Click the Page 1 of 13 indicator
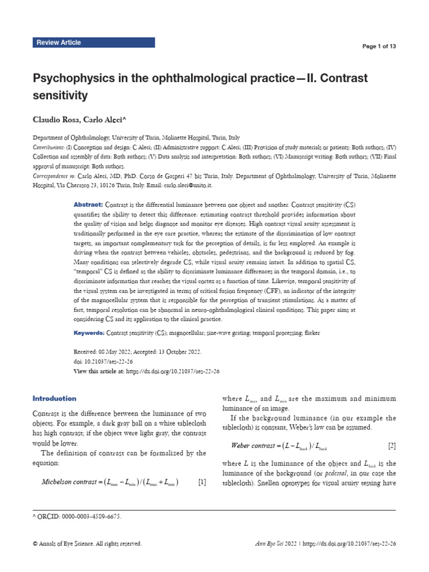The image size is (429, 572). click(x=379, y=46)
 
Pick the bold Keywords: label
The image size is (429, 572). click(x=89, y=332)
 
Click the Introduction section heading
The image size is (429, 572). click(x=54, y=398)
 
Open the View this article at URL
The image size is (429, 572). click(x=173, y=371)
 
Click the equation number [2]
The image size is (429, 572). click(x=392, y=430)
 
